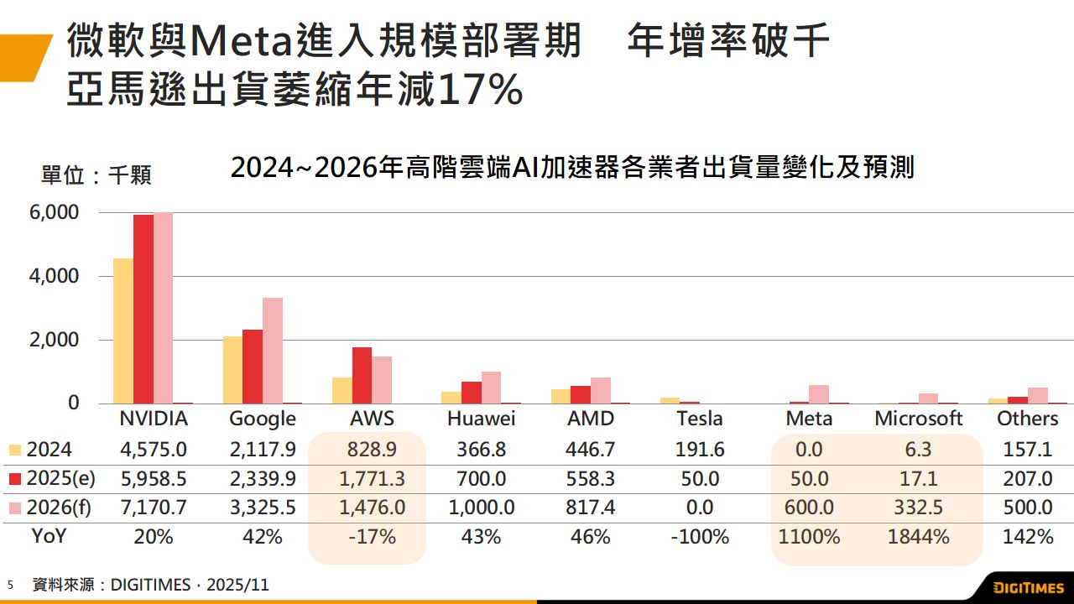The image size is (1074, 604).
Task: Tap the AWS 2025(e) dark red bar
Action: (362, 375)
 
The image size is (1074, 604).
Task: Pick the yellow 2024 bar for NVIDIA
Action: (123, 331)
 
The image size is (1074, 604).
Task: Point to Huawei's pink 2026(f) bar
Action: (491, 388)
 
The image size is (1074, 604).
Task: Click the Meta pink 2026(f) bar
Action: (819, 394)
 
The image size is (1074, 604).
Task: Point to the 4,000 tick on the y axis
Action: (56, 276)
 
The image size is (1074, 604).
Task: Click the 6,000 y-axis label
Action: (56, 212)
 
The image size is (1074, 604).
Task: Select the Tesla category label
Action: (699, 419)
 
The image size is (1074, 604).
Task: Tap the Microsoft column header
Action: (918, 419)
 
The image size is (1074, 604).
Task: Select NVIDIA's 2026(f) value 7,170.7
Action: (154, 508)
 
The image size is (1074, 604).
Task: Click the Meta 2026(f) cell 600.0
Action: (809, 508)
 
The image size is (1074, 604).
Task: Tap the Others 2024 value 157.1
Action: (1027, 450)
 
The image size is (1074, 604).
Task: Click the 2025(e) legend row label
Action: (60, 479)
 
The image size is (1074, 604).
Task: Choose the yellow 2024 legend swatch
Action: (14, 450)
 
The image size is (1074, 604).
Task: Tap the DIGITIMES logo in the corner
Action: (1028, 587)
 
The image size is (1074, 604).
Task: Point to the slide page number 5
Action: (11, 585)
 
